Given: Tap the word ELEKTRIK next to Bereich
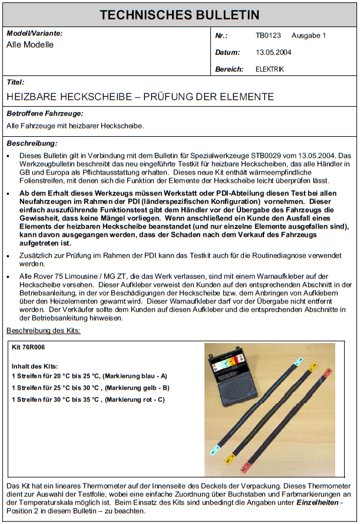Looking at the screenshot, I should click(270, 70).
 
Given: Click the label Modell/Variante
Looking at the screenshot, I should click(34, 34).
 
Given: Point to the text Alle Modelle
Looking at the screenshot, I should click(30, 45).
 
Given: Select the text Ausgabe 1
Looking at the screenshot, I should click(309, 36).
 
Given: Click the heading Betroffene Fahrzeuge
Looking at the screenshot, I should click(45, 113).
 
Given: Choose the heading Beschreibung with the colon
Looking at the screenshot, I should click(32, 143).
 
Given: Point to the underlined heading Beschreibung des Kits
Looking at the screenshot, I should click(44, 331).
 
